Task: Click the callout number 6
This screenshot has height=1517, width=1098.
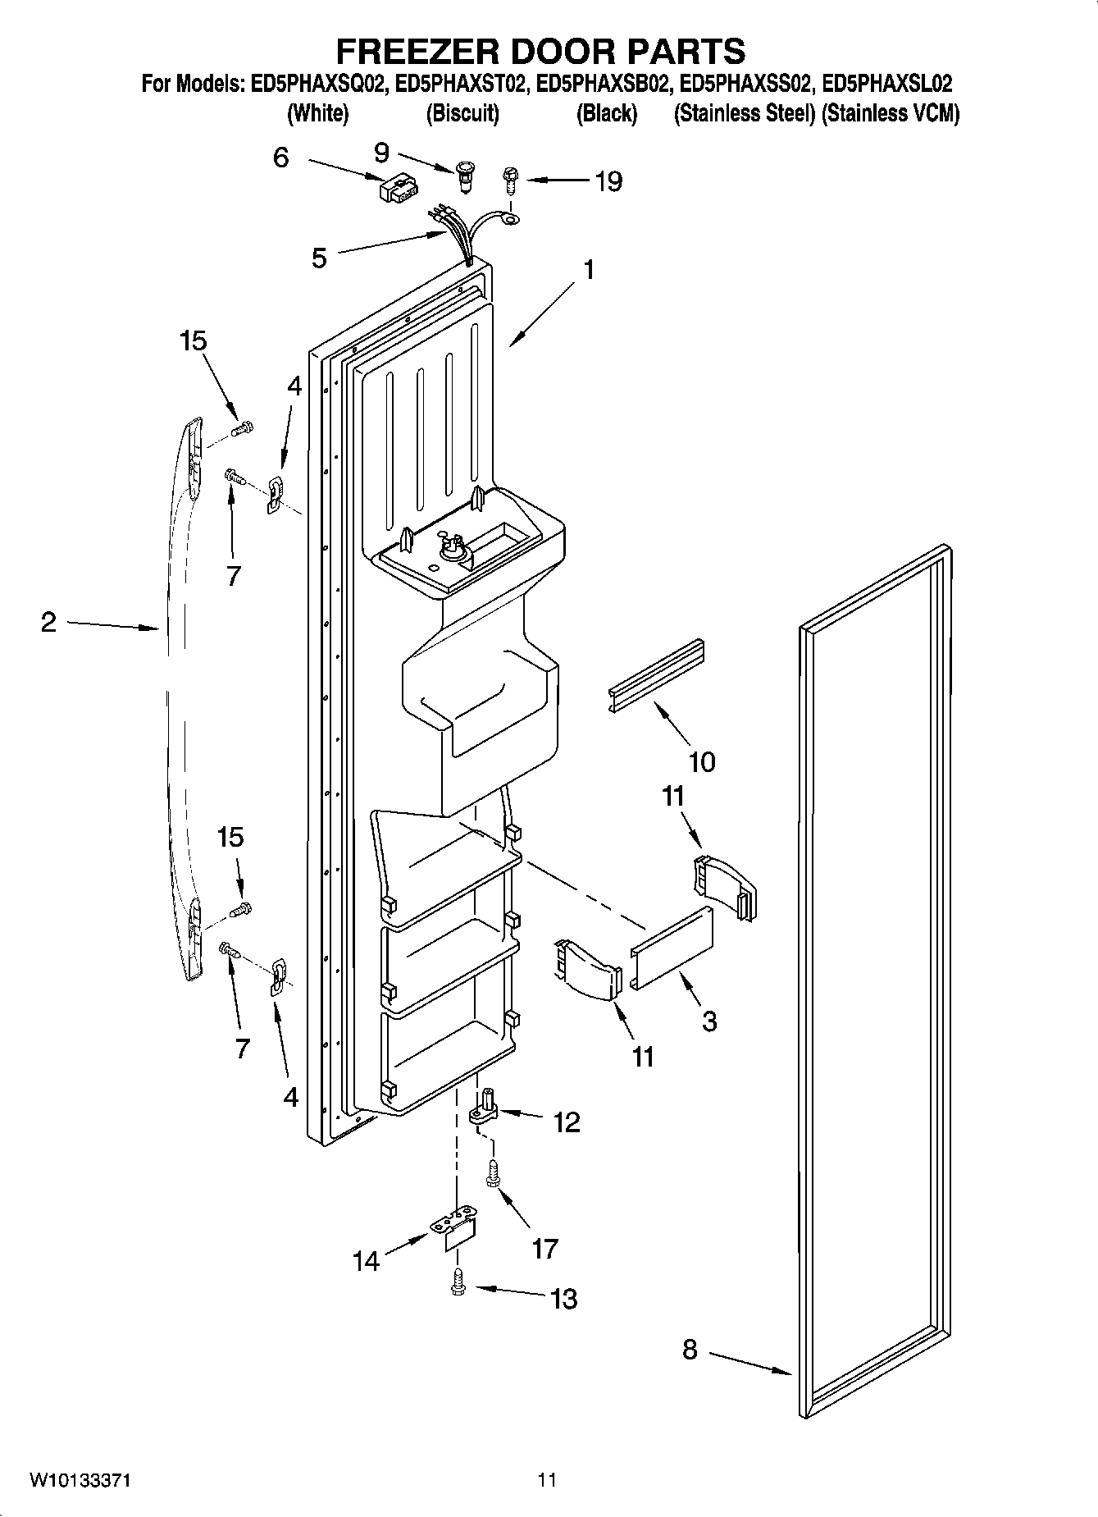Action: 281,158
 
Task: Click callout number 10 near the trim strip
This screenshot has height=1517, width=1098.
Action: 702,761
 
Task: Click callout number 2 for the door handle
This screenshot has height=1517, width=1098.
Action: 48,623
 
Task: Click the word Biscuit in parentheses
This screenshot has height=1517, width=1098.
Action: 462,114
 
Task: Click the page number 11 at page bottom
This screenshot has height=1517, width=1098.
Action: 547,1479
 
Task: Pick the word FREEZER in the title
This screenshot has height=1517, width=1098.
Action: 416,51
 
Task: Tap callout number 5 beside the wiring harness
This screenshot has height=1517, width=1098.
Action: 319,258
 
